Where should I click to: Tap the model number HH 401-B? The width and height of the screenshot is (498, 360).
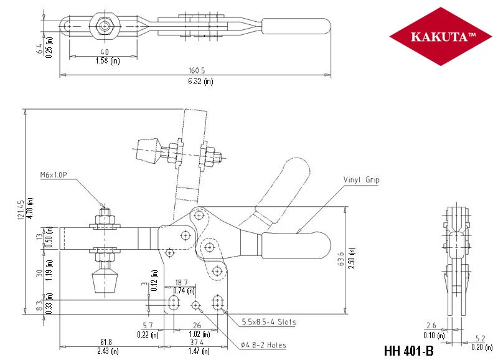409,351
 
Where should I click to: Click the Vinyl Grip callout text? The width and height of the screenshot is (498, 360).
361,180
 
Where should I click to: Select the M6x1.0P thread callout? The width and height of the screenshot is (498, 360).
54,175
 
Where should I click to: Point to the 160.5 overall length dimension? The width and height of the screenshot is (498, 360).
197,70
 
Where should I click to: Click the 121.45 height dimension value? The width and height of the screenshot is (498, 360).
21,210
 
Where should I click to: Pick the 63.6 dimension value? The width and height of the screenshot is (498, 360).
341,258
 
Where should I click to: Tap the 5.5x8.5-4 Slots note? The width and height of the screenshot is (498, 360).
269,322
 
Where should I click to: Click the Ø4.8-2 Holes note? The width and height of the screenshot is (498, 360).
263,345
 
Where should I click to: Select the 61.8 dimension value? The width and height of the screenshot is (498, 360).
106,342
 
